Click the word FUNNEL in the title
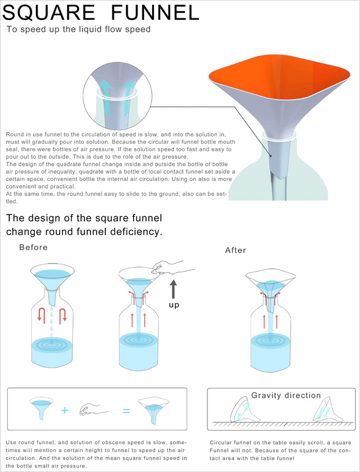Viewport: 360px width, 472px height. [155, 12]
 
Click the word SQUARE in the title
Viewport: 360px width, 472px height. [49, 13]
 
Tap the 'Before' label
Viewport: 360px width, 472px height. [33, 247]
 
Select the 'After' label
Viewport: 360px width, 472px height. [235, 250]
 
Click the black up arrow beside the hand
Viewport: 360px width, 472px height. [173, 289]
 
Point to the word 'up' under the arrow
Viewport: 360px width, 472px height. [174, 305]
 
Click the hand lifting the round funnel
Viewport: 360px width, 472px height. [171, 267]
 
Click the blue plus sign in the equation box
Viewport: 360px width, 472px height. [65, 410]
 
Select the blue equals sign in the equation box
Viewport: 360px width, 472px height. [126, 411]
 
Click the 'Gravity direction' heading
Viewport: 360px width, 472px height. [286, 395]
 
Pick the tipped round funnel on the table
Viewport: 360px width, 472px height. [244, 410]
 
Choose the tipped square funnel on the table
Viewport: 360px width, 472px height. [328, 410]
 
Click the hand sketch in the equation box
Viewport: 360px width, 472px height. [94, 409]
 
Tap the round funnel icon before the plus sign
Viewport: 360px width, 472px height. [41, 408]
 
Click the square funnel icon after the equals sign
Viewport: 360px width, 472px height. [154, 411]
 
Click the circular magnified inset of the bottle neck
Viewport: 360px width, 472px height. [117, 96]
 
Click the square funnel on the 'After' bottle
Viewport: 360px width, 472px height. [270, 290]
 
